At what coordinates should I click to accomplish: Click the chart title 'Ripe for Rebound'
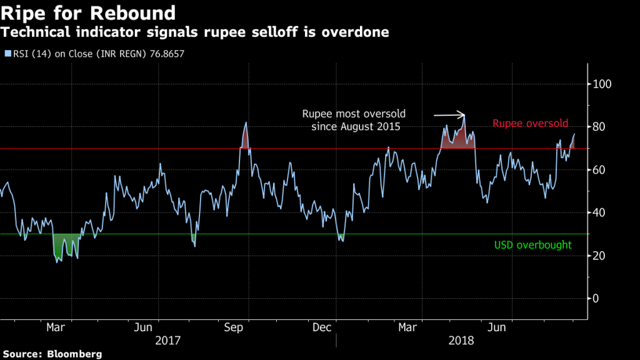88,12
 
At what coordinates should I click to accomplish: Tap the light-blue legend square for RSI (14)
7,54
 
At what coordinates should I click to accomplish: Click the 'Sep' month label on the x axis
233,327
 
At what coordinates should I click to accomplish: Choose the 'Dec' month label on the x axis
321,327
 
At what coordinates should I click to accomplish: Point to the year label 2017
167,341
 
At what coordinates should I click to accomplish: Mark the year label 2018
461,341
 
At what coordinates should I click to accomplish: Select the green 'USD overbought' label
532,245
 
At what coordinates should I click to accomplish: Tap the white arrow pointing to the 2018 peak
449,115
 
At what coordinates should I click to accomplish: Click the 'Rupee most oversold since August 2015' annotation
354,121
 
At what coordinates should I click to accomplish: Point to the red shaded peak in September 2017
245,139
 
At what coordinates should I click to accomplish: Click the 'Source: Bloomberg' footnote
51,354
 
